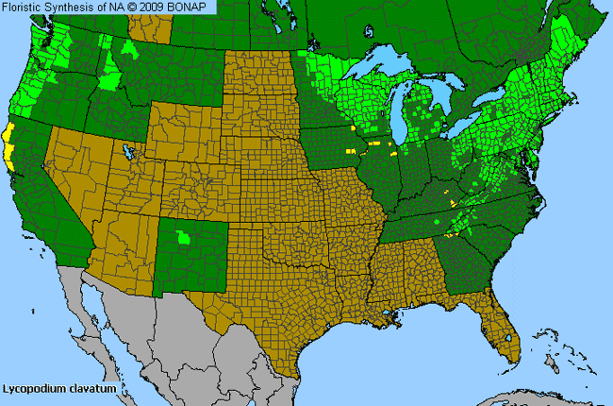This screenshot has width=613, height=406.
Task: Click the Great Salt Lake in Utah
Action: click(126, 150)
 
